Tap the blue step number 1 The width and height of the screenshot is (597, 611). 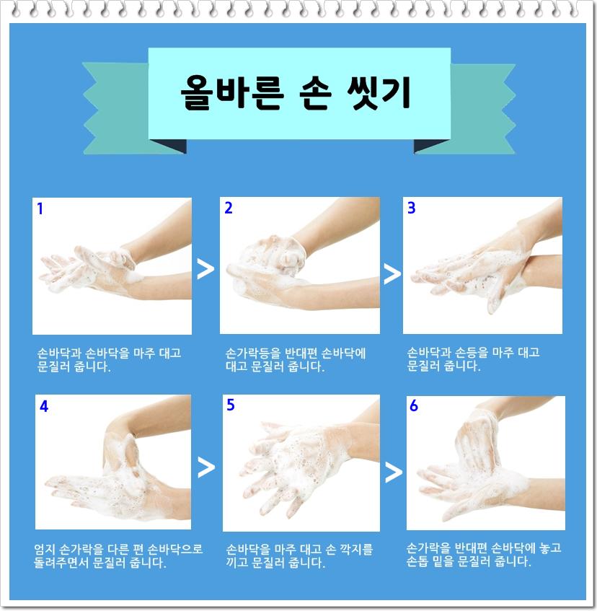tap(40, 209)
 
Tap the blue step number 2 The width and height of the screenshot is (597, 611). tap(229, 208)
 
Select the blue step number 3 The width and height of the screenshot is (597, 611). tap(412, 208)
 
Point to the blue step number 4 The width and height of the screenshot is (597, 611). tap(44, 405)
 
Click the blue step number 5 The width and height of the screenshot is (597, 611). tap(231, 405)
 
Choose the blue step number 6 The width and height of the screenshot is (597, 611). tap(414, 405)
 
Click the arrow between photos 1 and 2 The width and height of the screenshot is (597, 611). tap(205, 268)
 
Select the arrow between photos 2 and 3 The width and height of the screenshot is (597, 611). tap(392, 273)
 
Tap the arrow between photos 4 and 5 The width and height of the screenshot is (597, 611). tap(206, 467)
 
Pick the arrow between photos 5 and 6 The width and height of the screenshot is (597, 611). tap(394, 472)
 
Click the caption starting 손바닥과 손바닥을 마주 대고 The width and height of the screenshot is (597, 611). tap(109, 359)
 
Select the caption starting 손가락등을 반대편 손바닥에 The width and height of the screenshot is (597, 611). tap(296, 359)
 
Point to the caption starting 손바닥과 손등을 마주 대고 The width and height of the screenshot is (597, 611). tap(473, 359)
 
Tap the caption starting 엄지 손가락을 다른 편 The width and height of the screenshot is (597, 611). tap(119, 555)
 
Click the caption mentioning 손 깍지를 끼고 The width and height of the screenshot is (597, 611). tap(299, 555)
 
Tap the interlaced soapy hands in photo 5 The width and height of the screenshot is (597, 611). tap(296, 462)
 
